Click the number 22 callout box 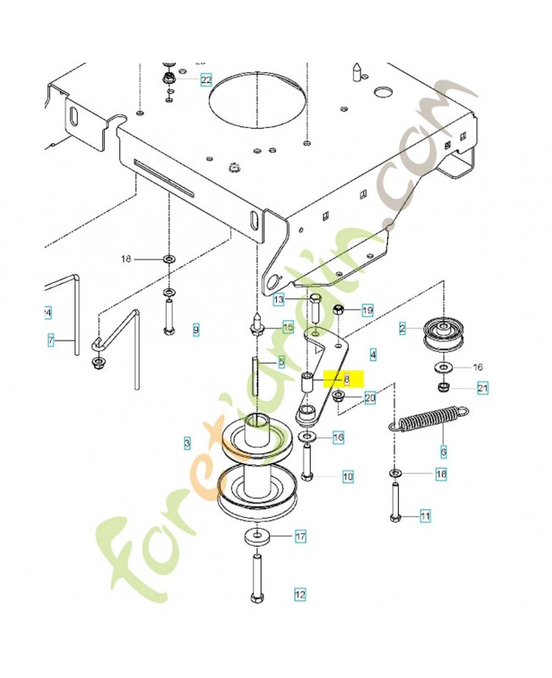pyautogui.click(x=206, y=81)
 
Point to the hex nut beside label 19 pyautogui.click(x=338, y=311)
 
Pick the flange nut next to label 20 pyautogui.click(x=339, y=397)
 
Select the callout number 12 pyautogui.click(x=300, y=594)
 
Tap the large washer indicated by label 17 pyautogui.click(x=255, y=536)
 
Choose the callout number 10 pyautogui.click(x=347, y=477)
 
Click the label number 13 pyautogui.click(x=279, y=300)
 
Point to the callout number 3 pyautogui.click(x=187, y=442)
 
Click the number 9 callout pyautogui.click(x=196, y=329)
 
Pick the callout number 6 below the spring pyautogui.click(x=443, y=453)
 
